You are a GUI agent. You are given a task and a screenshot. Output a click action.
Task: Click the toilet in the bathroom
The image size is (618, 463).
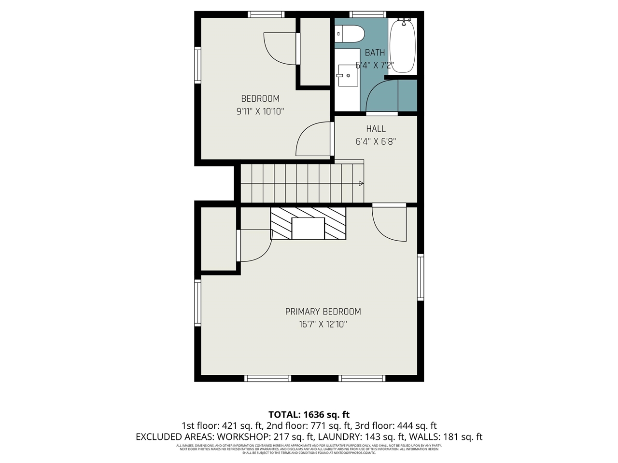350,34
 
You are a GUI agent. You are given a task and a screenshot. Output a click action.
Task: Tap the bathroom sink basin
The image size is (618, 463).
347,75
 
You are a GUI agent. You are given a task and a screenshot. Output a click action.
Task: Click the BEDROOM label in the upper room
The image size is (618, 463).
260,99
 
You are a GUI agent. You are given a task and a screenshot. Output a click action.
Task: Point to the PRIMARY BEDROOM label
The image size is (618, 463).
323,312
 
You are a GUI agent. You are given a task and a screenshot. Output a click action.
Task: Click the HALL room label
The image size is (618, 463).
376,129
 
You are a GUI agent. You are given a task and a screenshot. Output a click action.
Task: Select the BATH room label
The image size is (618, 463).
375,53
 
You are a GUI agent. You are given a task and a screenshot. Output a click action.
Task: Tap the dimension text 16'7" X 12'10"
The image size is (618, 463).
323,325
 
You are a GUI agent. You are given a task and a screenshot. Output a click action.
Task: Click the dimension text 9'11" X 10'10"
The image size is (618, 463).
260,111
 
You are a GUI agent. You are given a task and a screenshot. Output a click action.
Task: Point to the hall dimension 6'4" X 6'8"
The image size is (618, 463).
376,142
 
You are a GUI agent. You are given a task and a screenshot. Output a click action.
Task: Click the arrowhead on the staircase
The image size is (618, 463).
361,183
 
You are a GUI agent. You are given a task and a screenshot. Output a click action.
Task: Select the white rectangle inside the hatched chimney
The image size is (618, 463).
308,228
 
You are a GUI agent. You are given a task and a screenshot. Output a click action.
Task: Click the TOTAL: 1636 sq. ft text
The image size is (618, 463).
309,414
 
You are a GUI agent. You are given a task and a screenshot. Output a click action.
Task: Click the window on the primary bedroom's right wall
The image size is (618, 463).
421,277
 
